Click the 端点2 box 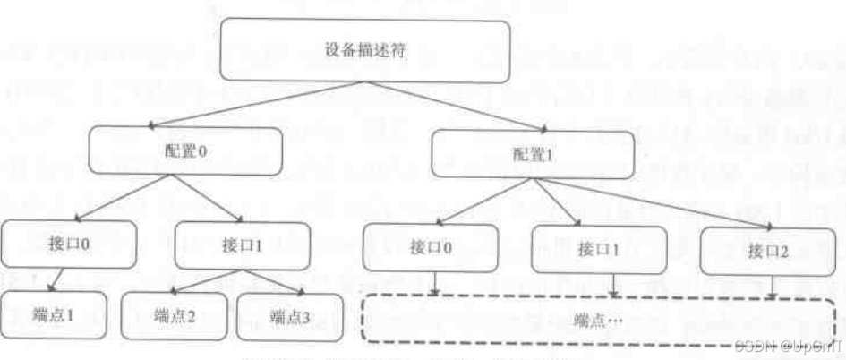tap(174, 316)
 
